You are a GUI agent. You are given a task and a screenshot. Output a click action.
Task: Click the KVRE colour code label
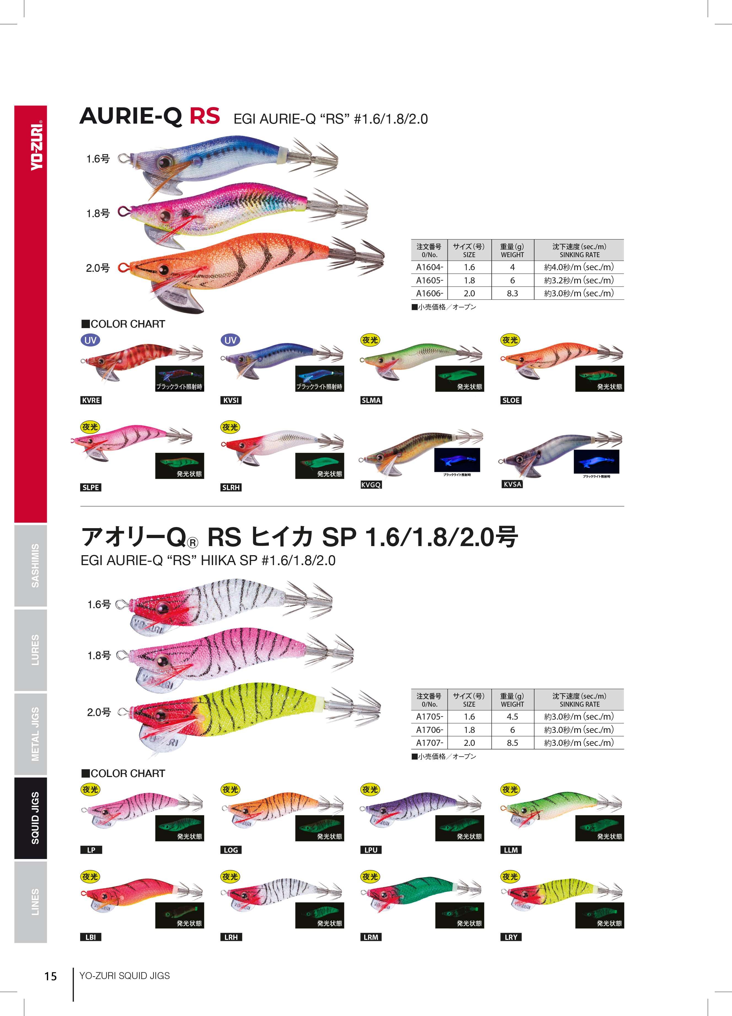click(x=91, y=400)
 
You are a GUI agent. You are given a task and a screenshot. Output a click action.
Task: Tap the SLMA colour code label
click(x=371, y=400)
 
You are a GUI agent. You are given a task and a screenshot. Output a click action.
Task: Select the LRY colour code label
click(x=511, y=937)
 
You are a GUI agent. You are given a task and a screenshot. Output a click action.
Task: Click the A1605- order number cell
click(x=429, y=280)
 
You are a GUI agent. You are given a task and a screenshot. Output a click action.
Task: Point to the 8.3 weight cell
click(x=512, y=293)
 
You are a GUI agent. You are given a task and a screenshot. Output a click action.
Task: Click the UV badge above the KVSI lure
click(x=230, y=340)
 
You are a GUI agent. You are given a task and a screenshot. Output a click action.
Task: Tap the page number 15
click(x=50, y=976)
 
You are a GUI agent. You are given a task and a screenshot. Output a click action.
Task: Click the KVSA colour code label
click(x=512, y=484)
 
